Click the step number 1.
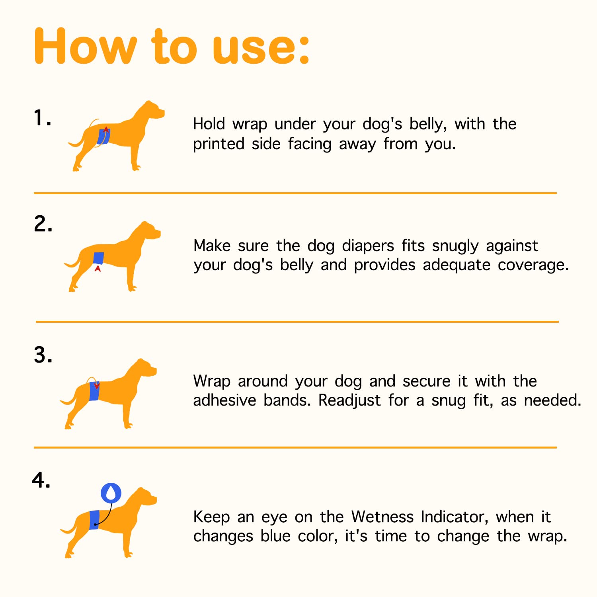coord(41,118)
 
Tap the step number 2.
coord(43,224)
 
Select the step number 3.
coord(43,355)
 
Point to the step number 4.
coord(41,480)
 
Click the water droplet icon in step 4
coord(111,493)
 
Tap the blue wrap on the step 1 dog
coord(103,137)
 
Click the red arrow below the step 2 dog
coord(98,269)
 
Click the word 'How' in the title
coord(86,47)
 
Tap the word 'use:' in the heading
coord(261,47)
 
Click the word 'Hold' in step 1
coord(209,124)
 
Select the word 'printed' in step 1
coord(219,144)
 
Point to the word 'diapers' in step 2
coord(368,246)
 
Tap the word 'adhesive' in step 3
coord(224,400)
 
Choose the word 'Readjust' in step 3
coord(349,401)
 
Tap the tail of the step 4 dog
coord(68,529)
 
